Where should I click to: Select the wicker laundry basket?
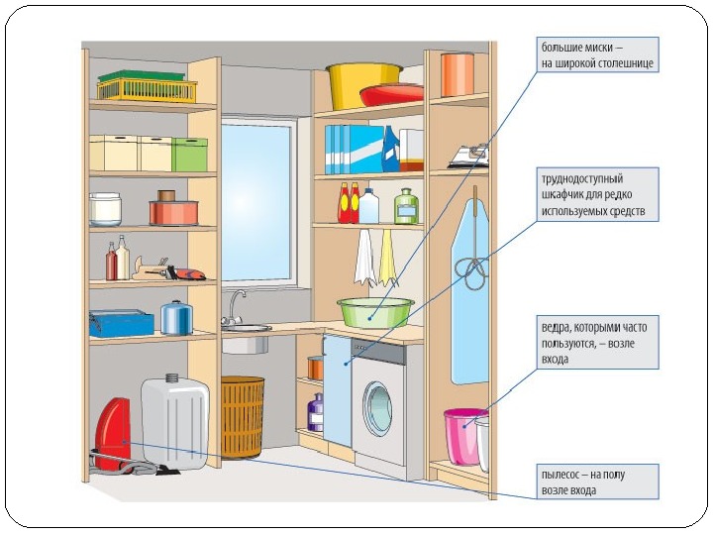pos(243,416)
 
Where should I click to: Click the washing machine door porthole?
pos(377,406)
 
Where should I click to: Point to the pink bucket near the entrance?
pos(462,436)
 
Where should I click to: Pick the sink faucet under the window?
pos(236,305)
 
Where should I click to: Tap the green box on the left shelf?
pos(189,155)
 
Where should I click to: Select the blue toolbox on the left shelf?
pos(121,323)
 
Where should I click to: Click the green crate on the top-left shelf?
pos(147,87)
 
